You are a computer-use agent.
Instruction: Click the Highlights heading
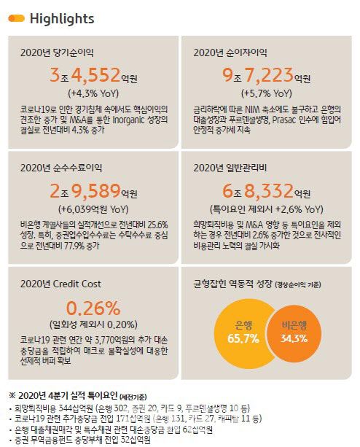coord(62,18)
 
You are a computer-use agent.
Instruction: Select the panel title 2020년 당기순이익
coord(58,53)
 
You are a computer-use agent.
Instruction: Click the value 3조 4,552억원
coord(93,74)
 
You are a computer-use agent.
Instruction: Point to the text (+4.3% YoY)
coord(93,93)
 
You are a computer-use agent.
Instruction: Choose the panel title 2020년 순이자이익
coord(230,53)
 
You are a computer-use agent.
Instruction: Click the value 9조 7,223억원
coord(265,74)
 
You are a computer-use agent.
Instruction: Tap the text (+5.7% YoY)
coord(265,93)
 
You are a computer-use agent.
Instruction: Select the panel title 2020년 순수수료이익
coord(63,167)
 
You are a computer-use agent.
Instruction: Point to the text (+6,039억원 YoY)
coord(93,209)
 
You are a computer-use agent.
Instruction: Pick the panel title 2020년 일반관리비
coord(230,167)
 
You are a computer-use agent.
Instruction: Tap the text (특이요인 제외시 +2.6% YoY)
coord(265,209)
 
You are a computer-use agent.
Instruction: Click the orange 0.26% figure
coord(93,307)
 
